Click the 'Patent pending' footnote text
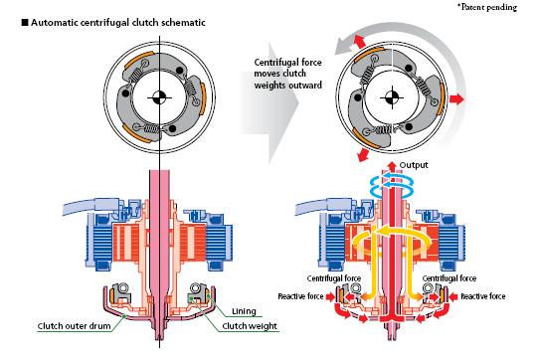click(487, 7)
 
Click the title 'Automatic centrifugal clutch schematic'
click(118, 23)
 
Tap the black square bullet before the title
click(25, 23)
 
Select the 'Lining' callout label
click(244, 311)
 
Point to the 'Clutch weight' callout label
click(250, 326)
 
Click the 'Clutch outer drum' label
click(74, 326)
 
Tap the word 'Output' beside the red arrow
click(414, 165)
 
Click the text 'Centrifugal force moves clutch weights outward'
click(288, 74)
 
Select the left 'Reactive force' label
click(300, 296)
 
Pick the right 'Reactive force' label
click(483, 296)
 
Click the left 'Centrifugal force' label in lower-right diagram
click(334, 278)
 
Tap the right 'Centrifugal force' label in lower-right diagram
click(450, 278)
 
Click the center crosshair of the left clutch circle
click(159, 97)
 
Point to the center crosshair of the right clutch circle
click(392, 97)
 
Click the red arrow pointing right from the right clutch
click(457, 99)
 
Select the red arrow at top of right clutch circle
click(359, 42)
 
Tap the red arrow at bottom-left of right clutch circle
click(363, 155)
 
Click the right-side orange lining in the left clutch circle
click(203, 99)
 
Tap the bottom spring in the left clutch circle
click(151, 129)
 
